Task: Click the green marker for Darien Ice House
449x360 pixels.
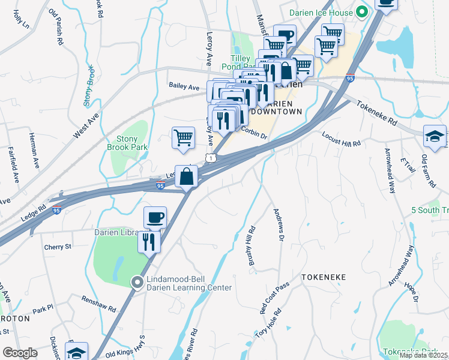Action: [x=361, y=11]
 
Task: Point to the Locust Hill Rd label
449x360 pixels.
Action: [x=342, y=139]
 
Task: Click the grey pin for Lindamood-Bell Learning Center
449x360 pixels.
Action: [x=137, y=281]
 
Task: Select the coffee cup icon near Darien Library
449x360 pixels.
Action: [x=155, y=217]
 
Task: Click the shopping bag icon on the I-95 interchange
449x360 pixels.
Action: [x=187, y=176]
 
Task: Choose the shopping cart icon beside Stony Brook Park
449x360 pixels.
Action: [x=183, y=137]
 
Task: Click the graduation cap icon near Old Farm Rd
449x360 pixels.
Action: [x=434, y=136]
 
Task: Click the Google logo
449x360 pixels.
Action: [x=20, y=353]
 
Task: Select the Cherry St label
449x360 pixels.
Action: [x=58, y=247]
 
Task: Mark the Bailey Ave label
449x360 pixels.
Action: [x=184, y=88]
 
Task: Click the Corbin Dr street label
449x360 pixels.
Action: [x=254, y=132]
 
